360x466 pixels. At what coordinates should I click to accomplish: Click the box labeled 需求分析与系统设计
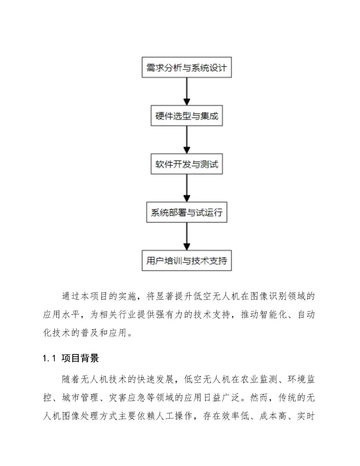[x=187, y=68]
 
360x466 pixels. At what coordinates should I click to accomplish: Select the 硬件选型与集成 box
[x=187, y=116]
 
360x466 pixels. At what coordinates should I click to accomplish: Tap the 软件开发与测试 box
[x=187, y=164]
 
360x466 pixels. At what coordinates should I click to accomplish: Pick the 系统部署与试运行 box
[x=187, y=212]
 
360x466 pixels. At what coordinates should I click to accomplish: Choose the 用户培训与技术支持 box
[x=187, y=261]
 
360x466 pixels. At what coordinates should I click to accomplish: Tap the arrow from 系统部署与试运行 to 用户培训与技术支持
[x=187, y=236]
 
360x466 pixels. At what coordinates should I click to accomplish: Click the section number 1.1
[x=49, y=359]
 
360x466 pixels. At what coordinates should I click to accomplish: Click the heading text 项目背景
[x=80, y=359]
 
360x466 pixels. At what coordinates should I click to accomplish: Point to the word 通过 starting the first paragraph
[x=71, y=296]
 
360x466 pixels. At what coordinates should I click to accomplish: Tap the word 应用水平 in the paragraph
[x=62, y=315]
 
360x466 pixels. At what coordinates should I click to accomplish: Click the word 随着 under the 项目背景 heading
[x=71, y=379]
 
